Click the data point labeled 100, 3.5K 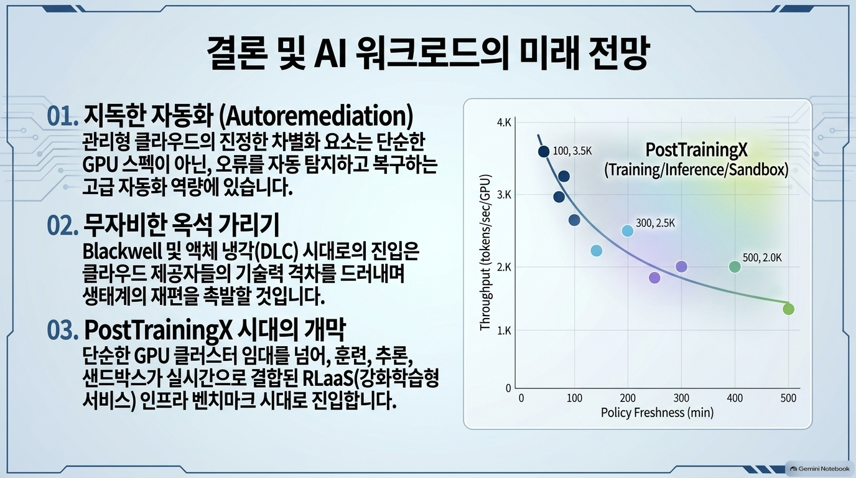pos(544,151)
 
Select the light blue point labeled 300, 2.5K pos(628,230)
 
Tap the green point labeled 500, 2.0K pos(735,266)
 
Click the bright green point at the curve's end pos(788,309)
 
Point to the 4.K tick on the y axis pos(504,123)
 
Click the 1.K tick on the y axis pos(504,330)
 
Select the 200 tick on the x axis pos(628,398)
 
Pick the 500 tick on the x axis pos(788,398)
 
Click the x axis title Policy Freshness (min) pos(657,413)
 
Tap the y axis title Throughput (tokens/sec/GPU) pos(485,253)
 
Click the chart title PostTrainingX pos(696,149)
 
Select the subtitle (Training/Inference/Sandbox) pos(696,169)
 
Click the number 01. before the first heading pos(63,116)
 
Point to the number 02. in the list pos(63,225)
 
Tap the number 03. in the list pos(63,330)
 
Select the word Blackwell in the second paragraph pos(121,251)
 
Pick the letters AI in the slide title pos(330,53)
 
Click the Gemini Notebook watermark pos(820,469)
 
